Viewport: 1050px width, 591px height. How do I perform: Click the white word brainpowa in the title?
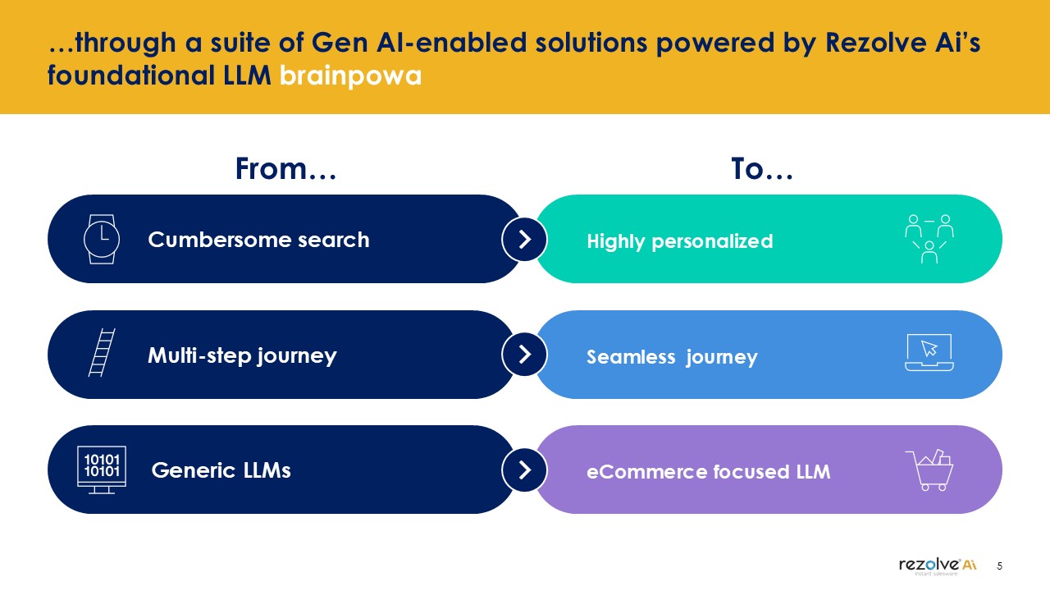pyautogui.click(x=350, y=76)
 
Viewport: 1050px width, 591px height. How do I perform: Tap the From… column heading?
pyautogui.click(x=286, y=169)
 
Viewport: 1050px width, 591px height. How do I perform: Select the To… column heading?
pyautogui.click(x=762, y=169)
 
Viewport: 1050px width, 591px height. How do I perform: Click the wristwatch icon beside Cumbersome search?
pyautogui.click(x=102, y=239)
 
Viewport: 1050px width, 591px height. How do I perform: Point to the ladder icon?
pyautogui.click(x=102, y=352)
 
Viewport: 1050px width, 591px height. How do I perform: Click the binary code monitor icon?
pyautogui.click(x=102, y=470)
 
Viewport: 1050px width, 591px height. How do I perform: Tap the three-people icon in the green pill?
pyautogui.click(x=929, y=239)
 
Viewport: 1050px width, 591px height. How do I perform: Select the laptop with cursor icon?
pyautogui.click(x=929, y=352)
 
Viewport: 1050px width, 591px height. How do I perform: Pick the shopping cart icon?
pyautogui.click(x=929, y=470)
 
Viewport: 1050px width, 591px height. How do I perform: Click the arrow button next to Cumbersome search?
pyautogui.click(x=524, y=239)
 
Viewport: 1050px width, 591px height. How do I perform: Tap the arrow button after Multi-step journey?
pyautogui.click(x=524, y=354)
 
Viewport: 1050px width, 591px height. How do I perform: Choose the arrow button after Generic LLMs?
pyautogui.click(x=524, y=470)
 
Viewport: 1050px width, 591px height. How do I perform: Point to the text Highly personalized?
pyautogui.click(x=680, y=242)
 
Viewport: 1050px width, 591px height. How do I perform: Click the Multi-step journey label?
pyautogui.click(x=242, y=355)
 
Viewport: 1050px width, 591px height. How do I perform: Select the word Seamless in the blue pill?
pyautogui.click(x=631, y=357)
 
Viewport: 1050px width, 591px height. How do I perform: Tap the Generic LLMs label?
pyautogui.click(x=221, y=470)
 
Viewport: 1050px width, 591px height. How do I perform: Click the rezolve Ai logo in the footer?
pyautogui.click(x=938, y=566)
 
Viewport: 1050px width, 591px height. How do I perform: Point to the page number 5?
pyautogui.click(x=999, y=566)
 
